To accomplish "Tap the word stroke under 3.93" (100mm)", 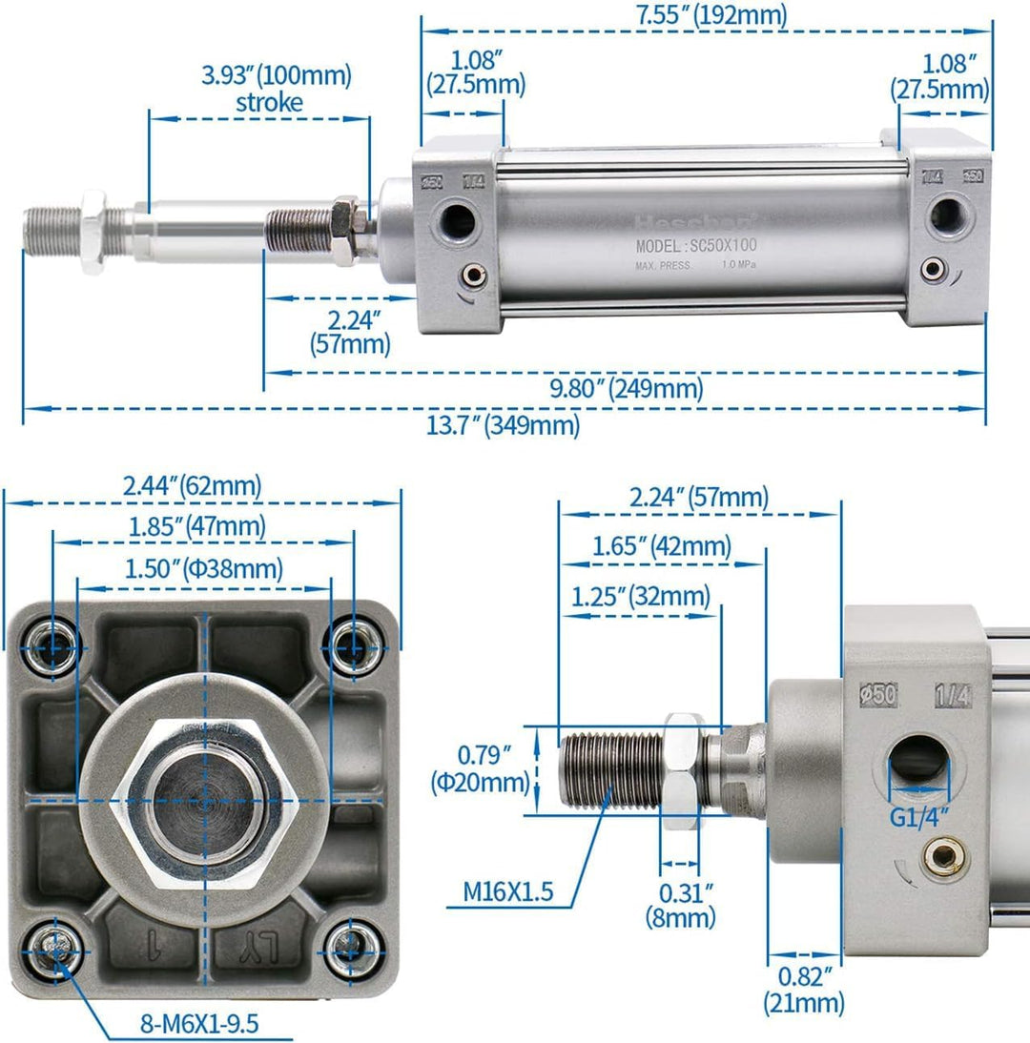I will [269, 102].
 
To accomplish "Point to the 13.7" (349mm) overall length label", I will [503, 424].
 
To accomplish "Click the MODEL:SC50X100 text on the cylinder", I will [696, 246].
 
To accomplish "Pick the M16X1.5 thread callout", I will [507, 892].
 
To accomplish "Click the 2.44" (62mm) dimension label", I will [192, 486].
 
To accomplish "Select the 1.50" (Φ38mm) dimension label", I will [203, 569].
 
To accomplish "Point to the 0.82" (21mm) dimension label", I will [804, 989].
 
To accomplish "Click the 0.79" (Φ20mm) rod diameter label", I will [492, 769].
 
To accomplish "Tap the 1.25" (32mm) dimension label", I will [641, 597].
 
